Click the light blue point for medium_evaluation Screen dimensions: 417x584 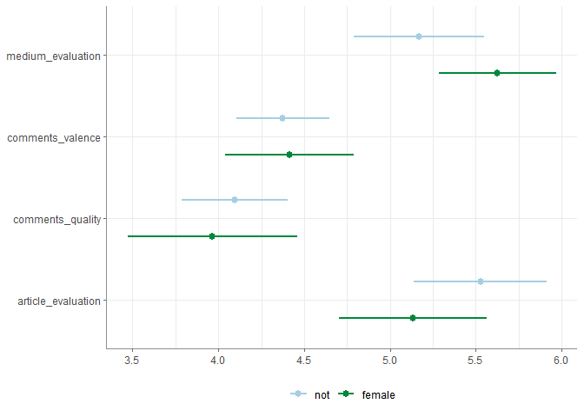[419, 36]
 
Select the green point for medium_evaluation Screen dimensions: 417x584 [497, 73]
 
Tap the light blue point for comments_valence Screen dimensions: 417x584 [282, 118]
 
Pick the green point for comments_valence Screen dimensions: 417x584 [289, 155]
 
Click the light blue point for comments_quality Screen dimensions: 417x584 [235, 200]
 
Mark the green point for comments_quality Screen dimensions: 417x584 [212, 236]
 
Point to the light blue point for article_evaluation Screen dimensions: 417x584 [481, 281]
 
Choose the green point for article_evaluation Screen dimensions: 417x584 [413, 318]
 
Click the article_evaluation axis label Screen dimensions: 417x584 [58, 301]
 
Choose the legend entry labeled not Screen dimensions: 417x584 [311, 394]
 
